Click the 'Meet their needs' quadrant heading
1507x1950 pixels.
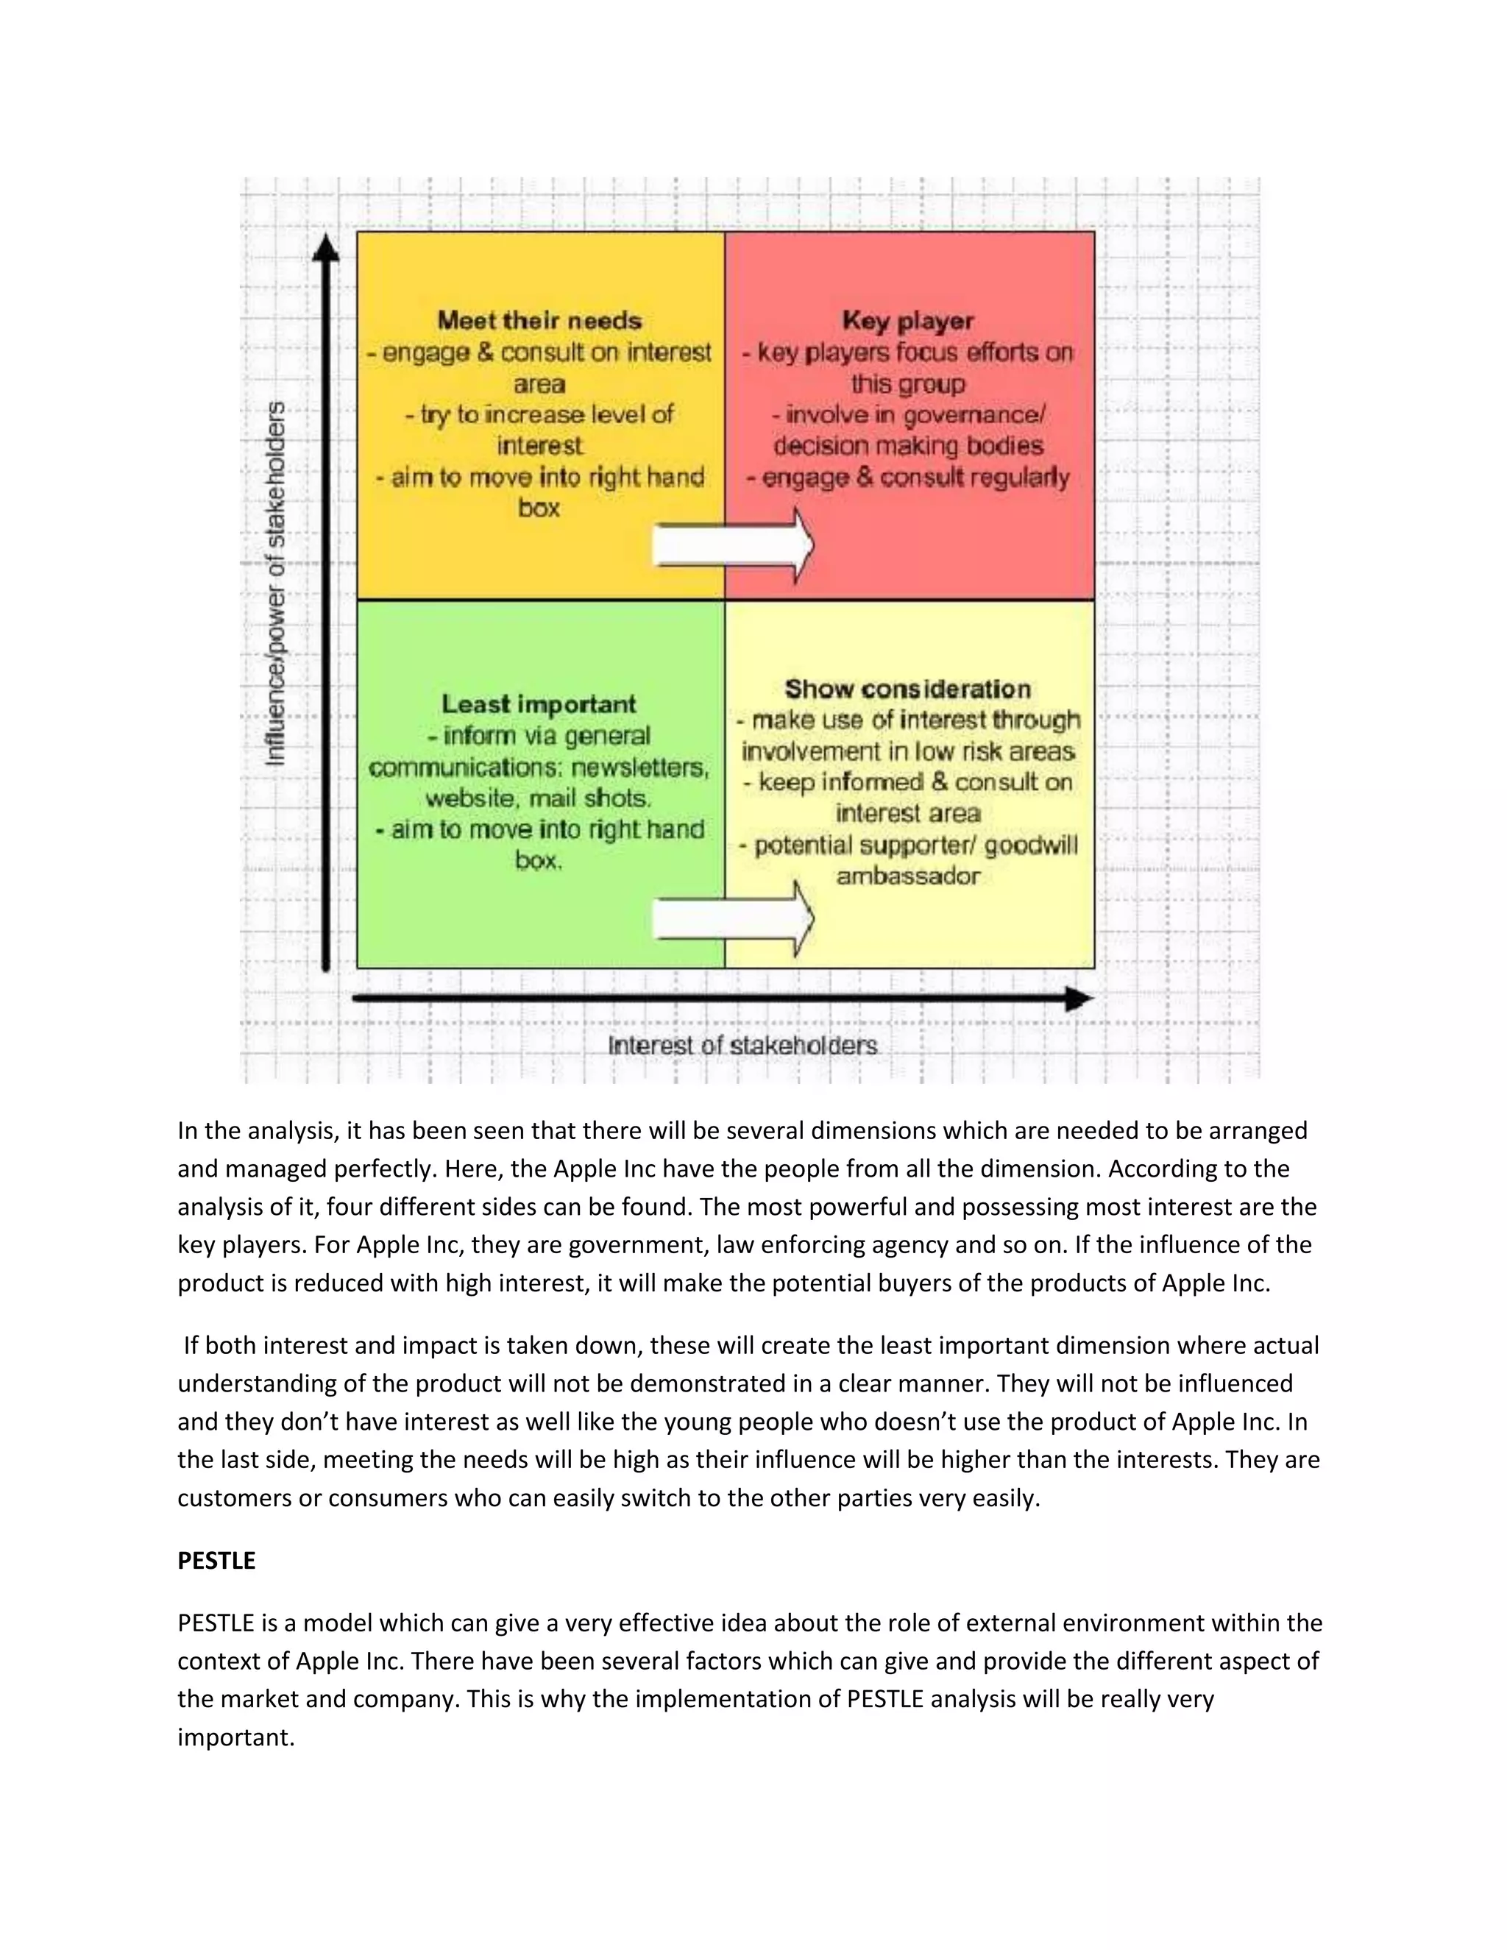(x=539, y=321)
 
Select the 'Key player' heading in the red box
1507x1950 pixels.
(x=907, y=321)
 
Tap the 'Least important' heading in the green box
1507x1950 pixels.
(x=539, y=703)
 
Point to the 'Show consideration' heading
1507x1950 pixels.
(x=907, y=689)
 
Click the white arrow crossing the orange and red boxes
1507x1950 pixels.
(x=732, y=545)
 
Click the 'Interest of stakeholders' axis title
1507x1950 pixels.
(x=742, y=1046)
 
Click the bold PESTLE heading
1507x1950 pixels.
(x=216, y=1561)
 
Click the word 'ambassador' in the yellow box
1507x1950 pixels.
(x=907, y=876)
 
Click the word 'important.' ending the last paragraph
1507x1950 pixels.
(x=235, y=1737)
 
